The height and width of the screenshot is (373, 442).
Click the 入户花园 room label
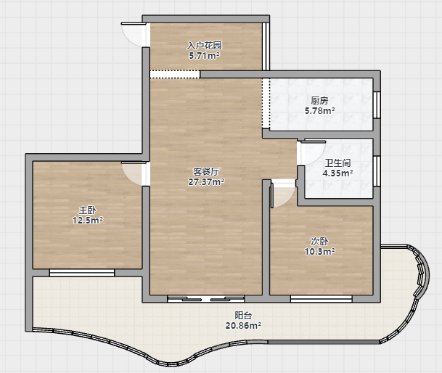(205, 45)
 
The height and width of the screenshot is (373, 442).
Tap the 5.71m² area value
(205, 56)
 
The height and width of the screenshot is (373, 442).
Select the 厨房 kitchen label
(319, 100)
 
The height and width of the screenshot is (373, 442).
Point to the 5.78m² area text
(319, 110)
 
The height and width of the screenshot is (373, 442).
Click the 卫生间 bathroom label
(337, 163)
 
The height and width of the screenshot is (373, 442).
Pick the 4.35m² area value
(337, 173)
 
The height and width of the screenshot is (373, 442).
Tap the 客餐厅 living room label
(206, 171)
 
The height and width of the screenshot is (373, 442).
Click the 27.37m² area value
(206, 182)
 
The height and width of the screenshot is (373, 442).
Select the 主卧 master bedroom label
(87, 210)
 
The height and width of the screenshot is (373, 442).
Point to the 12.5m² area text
(88, 220)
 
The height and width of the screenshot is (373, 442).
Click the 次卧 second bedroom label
(319, 241)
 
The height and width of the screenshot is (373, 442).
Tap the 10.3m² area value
(319, 251)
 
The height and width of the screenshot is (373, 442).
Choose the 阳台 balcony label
(243, 315)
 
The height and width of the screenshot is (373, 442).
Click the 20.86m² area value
(243, 326)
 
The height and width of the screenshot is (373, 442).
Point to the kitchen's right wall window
(377, 104)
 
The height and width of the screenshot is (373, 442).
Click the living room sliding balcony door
(206, 298)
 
